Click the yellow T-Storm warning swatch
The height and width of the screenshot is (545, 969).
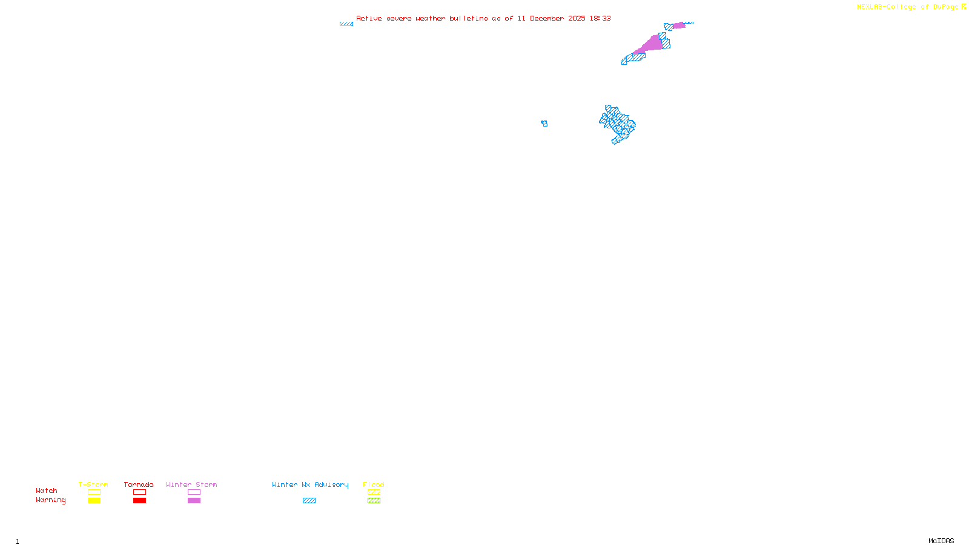[94, 501]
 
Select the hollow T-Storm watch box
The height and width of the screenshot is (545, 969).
[94, 492]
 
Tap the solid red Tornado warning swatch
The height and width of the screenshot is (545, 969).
[139, 501]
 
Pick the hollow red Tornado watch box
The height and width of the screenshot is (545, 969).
[139, 492]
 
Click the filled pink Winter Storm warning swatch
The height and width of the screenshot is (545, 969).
[194, 501]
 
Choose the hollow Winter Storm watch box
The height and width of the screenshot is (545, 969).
[194, 492]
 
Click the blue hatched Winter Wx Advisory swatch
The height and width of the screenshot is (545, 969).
[309, 501]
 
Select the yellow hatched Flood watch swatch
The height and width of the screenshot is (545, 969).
[374, 492]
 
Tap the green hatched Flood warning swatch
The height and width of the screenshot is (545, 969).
[374, 501]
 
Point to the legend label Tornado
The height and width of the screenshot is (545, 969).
[139, 484]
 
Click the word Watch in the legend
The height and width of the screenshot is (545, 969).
[47, 491]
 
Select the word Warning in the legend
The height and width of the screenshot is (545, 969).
[50, 500]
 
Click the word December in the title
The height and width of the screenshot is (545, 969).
[547, 18]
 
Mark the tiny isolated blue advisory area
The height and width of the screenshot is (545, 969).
[544, 124]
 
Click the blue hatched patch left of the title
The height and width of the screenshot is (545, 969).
[346, 24]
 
